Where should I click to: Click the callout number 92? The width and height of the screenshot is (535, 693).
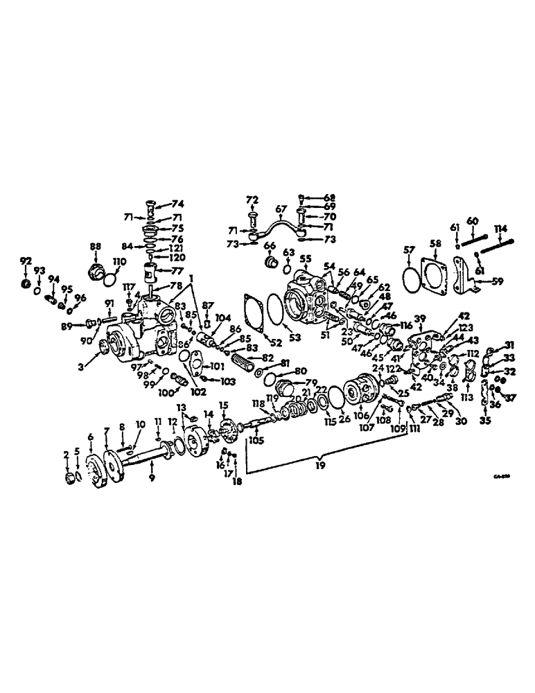point(26,261)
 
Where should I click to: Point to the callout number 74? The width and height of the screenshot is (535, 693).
point(178,204)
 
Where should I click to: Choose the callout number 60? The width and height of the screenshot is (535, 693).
point(472,220)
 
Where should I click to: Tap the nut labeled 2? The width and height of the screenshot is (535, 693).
point(70,477)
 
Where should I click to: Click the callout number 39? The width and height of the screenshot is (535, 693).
point(419,317)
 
